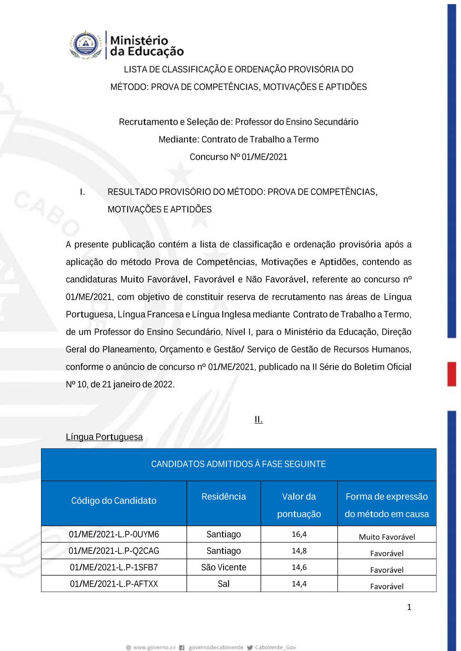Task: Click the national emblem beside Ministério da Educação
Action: (86, 45)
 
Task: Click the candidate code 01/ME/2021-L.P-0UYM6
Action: (114, 534)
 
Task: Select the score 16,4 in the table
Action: (299, 534)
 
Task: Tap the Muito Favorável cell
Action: (387, 537)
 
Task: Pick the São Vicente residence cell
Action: (224, 567)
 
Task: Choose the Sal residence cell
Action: (224, 584)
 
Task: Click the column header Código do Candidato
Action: (114, 500)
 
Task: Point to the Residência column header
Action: (224, 496)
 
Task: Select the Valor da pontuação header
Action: (299, 505)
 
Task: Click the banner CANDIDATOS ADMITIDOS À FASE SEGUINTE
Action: (238, 464)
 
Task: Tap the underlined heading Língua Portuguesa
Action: (104, 437)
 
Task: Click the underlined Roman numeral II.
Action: (259, 419)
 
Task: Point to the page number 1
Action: (409, 607)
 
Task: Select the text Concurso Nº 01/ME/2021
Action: (238, 157)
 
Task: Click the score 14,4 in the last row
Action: (299, 584)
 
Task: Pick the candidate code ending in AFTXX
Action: (114, 584)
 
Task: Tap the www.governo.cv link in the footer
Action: (154, 647)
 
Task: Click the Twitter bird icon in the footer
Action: (250, 647)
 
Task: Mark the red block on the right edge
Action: (452, 374)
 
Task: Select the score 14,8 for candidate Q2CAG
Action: (299, 551)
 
